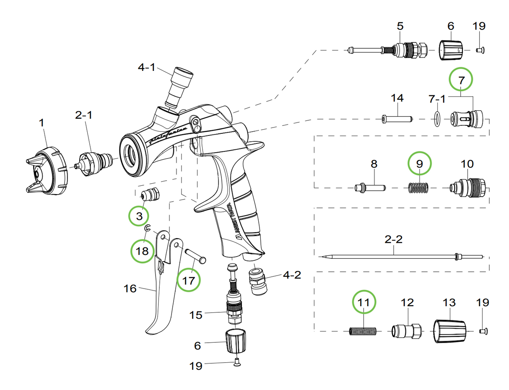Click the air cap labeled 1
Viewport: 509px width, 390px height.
point(46,172)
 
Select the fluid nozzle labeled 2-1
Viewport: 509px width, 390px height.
point(95,161)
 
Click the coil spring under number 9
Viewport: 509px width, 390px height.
point(419,187)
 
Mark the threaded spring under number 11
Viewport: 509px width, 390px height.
point(363,332)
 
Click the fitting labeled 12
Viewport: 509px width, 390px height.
point(405,331)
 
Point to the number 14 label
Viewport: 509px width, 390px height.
point(397,98)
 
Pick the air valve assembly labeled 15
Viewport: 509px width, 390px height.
point(233,306)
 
